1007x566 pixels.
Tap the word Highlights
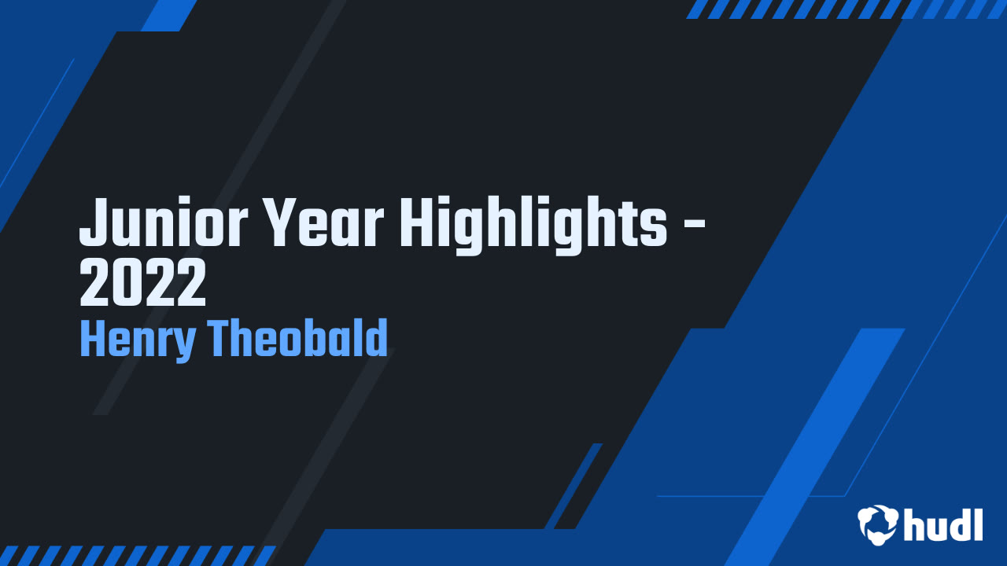click(x=533, y=222)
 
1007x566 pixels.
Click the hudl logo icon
click(x=878, y=524)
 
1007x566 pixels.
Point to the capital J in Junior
click(x=93, y=222)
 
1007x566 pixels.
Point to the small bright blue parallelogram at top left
click(x=169, y=15)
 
